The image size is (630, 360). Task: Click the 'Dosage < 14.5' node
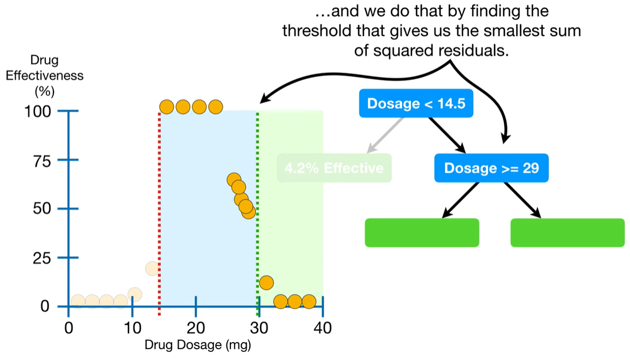click(416, 103)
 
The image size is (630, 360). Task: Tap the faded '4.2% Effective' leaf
click(334, 168)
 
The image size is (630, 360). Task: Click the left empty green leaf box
click(422, 233)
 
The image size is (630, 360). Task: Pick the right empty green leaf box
click(567, 233)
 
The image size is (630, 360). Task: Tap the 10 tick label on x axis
click(132, 328)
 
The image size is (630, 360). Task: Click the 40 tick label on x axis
click(323, 328)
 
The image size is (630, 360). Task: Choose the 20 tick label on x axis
click(195, 328)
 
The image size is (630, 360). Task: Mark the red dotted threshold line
click(160, 216)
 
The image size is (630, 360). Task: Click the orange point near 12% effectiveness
click(266, 282)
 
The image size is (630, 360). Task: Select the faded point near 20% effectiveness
click(152, 268)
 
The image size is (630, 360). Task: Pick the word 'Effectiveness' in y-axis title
click(45, 75)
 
